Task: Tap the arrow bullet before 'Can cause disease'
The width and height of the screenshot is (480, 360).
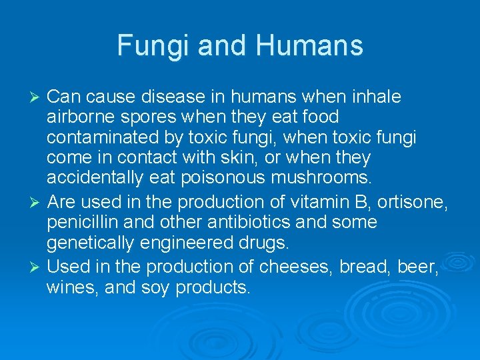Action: pos(37,98)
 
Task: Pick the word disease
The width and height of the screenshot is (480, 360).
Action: pos(176,97)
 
